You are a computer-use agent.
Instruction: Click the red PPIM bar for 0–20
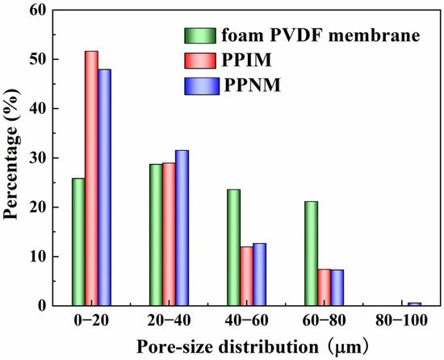[x=91, y=178]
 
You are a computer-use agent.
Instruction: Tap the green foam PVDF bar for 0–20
[x=78, y=242]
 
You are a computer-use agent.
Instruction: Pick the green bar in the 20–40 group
[x=156, y=235]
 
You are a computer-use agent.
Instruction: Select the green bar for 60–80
[x=311, y=253]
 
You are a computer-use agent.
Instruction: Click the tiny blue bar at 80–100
[x=415, y=304]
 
